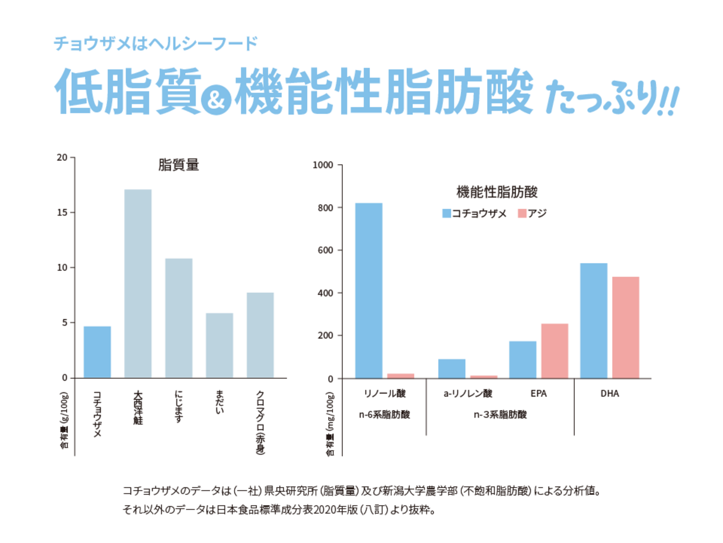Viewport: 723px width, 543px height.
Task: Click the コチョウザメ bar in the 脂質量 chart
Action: coord(97,352)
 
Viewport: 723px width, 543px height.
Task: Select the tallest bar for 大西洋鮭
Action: coord(138,284)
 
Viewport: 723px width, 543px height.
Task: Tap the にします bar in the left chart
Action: coord(179,318)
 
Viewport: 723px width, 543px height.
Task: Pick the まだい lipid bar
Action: coord(219,345)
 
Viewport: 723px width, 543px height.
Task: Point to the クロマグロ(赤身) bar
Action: coord(260,335)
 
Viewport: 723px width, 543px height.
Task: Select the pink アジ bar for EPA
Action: coord(555,351)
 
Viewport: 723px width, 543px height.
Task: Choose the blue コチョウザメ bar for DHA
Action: coord(593,321)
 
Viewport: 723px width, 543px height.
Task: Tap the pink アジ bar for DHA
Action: coord(626,327)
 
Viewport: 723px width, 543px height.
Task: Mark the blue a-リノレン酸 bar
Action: coord(451,369)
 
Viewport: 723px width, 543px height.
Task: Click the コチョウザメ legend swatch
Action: coord(446,213)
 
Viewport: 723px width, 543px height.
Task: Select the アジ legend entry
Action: coord(532,213)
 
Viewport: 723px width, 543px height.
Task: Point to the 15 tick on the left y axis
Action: coord(62,212)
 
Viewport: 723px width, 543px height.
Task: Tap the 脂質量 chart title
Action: coord(178,165)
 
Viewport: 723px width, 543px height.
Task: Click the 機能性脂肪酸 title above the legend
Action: coord(497,192)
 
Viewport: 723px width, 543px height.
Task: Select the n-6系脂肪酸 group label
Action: coord(384,415)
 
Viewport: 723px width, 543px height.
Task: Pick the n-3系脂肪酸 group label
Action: coord(500,415)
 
